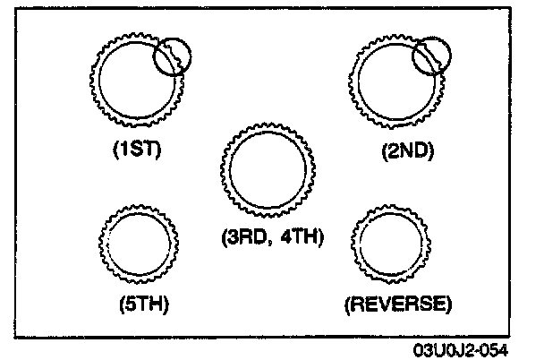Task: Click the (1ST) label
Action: (x=136, y=150)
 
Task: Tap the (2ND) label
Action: (x=406, y=151)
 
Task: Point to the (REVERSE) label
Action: (x=396, y=303)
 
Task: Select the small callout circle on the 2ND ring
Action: (x=432, y=56)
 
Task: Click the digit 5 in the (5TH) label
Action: (x=129, y=303)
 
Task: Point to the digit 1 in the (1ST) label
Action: (x=125, y=150)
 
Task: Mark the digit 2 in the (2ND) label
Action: (x=391, y=151)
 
